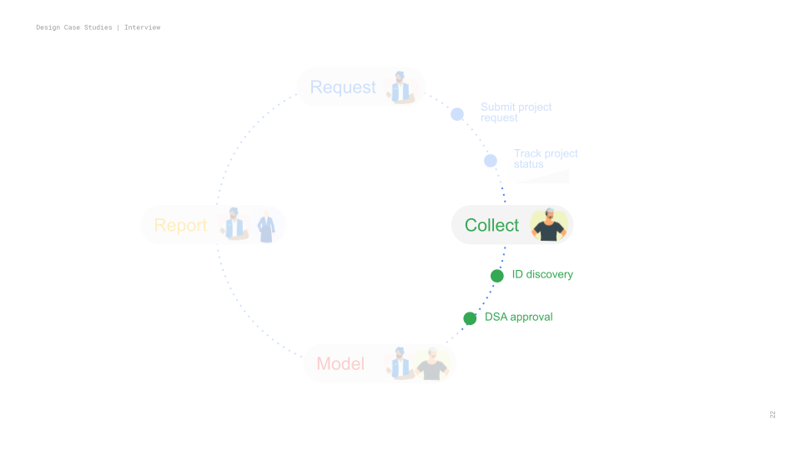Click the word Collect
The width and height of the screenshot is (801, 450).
pyautogui.click(x=491, y=225)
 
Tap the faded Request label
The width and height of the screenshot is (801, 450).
pyautogui.click(x=343, y=87)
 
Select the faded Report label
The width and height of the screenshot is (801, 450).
pyautogui.click(x=180, y=225)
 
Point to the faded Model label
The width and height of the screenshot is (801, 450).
pyautogui.click(x=340, y=363)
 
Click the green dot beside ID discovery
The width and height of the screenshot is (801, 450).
pyautogui.click(x=497, y=276)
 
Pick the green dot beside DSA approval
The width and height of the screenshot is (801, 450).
pyautogui.click(x=470, y=318)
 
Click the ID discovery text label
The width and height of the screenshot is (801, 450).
pyautogui.click(x=542, y=274)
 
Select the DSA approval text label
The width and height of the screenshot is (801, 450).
pyautogui.click(x=518, y=317)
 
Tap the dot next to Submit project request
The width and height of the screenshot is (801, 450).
pyautogui.click(x=457, y=114)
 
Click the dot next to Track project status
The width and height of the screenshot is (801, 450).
pyautogui.click(x=491, y=161)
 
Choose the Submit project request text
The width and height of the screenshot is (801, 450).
pyautogui.click(x=516, y=112)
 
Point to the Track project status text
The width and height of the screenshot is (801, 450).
pyautogui.click(x=546, y=158)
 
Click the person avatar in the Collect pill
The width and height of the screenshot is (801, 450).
pyautogui.click(x=548, y=225)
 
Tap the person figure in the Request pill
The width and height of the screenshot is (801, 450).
pyautogui.click(x=400, y=87)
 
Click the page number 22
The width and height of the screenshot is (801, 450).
pyautogui.click(x=773, y=414)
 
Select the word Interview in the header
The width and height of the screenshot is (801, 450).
pyautogui.click(x=143, y=27)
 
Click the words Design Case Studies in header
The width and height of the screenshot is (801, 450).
pyautogui.click(x=74, y=27)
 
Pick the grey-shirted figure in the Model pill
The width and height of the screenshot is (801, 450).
pyautogui.click(x=432, y=364)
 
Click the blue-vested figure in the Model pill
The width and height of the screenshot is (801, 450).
pyautogui.click(x=400, y=363)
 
